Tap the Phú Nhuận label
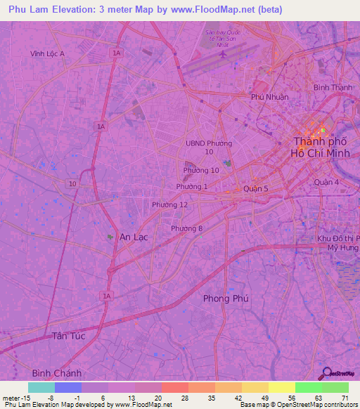click(x=269, y=96)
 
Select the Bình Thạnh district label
click(x=332, y=87)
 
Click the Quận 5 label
click(x=255, y=188)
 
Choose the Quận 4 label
click(x=327, y=182)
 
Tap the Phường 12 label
click(x=169, y=204)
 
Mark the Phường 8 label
click(x=186, y=228)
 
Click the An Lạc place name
click(x=134, y=237)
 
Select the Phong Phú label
click(x=226, y=299)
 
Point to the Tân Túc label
click(x=68, y=337)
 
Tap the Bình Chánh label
click(x=57, y=372)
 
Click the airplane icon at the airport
click(x=224, y=53)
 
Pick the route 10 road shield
click(x=72, y=183)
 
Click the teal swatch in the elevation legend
click(x=41, y=387)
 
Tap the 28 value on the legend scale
click(x=174, y=398)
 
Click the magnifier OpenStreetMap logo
click(x=327, y=373)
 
